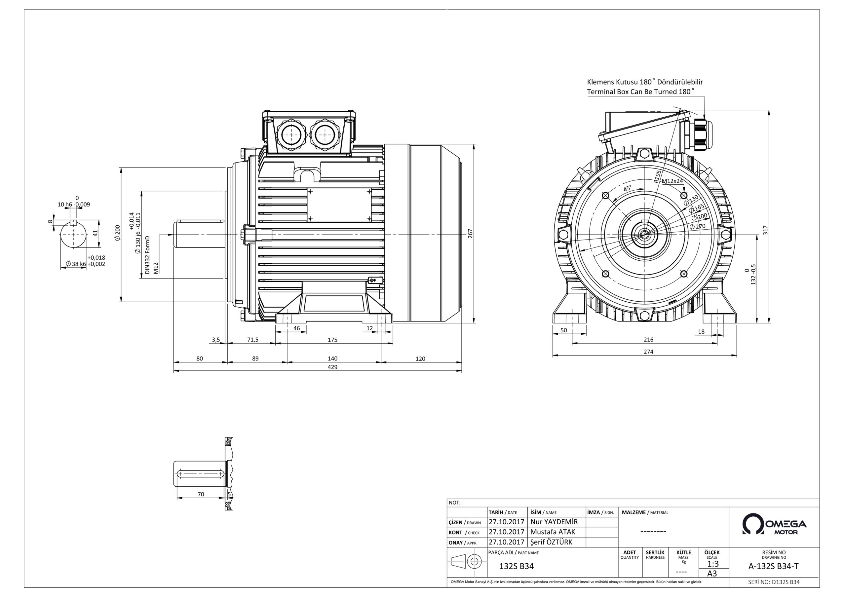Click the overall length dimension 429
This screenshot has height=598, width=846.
click(x=332, y=367)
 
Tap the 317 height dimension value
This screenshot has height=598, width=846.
click(x=765, y=230)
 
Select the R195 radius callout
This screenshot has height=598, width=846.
click(x=657, y=176)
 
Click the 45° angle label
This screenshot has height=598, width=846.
click(x=627, y=189)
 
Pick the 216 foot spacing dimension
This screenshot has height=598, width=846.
click(x=648, y=340)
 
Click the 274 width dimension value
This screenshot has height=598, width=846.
click(x=648, y=352)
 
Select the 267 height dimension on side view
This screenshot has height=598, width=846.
click(x=470, y=234)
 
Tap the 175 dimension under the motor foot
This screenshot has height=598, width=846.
click(x=332, y=340)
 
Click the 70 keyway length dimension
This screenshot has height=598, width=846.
click(x=201, y=495)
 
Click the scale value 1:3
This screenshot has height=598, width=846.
click(x=713, y=564)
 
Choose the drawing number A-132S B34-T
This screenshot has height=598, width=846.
click(x=773, y=567)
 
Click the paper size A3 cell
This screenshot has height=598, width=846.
click(x=712, y=574)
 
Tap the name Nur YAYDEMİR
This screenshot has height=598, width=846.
click(x=554, y=522)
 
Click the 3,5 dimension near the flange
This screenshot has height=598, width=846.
click(x=216, y=340)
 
